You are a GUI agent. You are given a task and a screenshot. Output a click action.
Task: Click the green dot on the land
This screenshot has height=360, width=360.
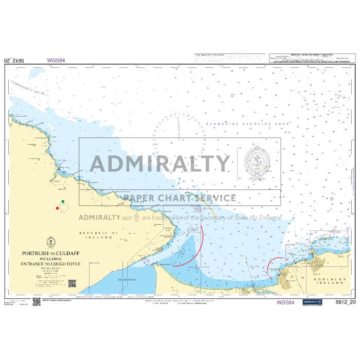[x=63, y=201]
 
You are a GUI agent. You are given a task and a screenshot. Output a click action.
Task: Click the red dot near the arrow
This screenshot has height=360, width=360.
[x=57, y=208]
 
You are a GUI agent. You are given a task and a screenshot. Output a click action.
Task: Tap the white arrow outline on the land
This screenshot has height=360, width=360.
[x=65, y=208]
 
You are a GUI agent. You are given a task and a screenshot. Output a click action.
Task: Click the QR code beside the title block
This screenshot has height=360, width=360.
[x=72, y=283]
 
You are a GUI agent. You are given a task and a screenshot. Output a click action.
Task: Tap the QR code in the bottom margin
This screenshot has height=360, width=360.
[x=37, y=301]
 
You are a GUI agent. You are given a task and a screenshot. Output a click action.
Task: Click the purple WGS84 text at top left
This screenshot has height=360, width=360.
[x=56, y=60]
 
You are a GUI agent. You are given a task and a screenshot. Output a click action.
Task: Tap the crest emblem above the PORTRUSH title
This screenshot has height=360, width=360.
[x=50, y=242]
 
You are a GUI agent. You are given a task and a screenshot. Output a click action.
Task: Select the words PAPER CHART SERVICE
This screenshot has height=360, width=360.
[x=179, y=198]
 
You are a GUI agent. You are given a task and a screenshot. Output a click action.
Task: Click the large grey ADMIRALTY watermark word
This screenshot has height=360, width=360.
[x=160, y=164]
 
